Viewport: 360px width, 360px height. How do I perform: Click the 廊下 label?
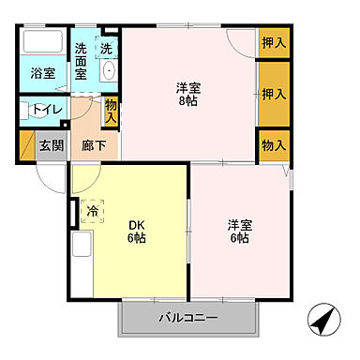pyautogui.click(x=94, y=146)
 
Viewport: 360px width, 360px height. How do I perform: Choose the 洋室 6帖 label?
pyautogui.click(x=238, y=232)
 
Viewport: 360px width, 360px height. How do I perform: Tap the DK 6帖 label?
pyautogui.click(x=136, y=232)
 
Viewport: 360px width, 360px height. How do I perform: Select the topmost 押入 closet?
pyautogui.click(x=273, y=42)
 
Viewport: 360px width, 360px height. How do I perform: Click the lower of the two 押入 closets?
pyautogui.click(x=273, y=94)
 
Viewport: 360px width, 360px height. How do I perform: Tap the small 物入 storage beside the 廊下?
pyautogui.click(x=112, y=112)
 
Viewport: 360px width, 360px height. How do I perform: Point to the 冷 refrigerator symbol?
pyautogui.click(x=93, y=212)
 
